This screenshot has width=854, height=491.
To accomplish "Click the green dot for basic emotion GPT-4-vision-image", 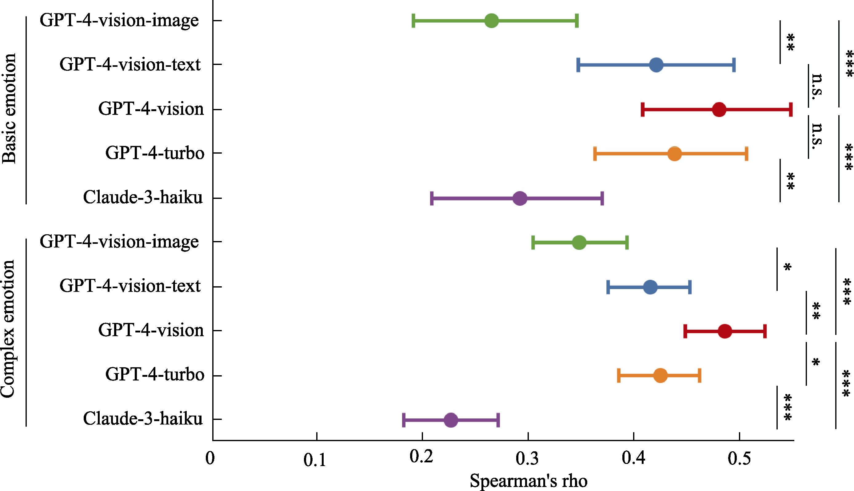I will (x=491, y=21).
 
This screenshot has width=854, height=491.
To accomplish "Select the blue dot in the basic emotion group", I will (x=656, y=65).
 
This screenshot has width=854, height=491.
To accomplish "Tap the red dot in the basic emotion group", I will (x=719, y=110).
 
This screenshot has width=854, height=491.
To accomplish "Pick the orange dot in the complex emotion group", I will (x=660, y=375).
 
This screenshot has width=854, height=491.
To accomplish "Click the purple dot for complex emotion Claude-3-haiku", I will (x=451, y=420).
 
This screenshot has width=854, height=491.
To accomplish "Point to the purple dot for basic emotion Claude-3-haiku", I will (x=520, y=198).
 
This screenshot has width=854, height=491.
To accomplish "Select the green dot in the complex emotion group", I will (x=579, y=243).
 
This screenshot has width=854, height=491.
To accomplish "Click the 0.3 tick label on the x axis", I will (x=527, y=459).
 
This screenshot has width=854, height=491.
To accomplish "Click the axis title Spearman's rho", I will (x=529, y=481).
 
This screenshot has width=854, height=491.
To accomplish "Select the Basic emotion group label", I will (x=9, y=109).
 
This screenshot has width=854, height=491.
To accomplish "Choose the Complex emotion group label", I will (x=8, y=329).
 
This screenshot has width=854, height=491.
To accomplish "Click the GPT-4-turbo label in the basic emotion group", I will (x=155, y=153).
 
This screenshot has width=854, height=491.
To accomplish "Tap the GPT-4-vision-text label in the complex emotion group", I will (x=130, y=286).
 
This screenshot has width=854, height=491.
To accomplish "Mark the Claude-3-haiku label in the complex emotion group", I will (x=143, y=419).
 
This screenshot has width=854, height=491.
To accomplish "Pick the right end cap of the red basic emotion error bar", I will (x=791, y=110).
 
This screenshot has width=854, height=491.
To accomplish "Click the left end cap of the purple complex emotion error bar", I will (x=404, y=420).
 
